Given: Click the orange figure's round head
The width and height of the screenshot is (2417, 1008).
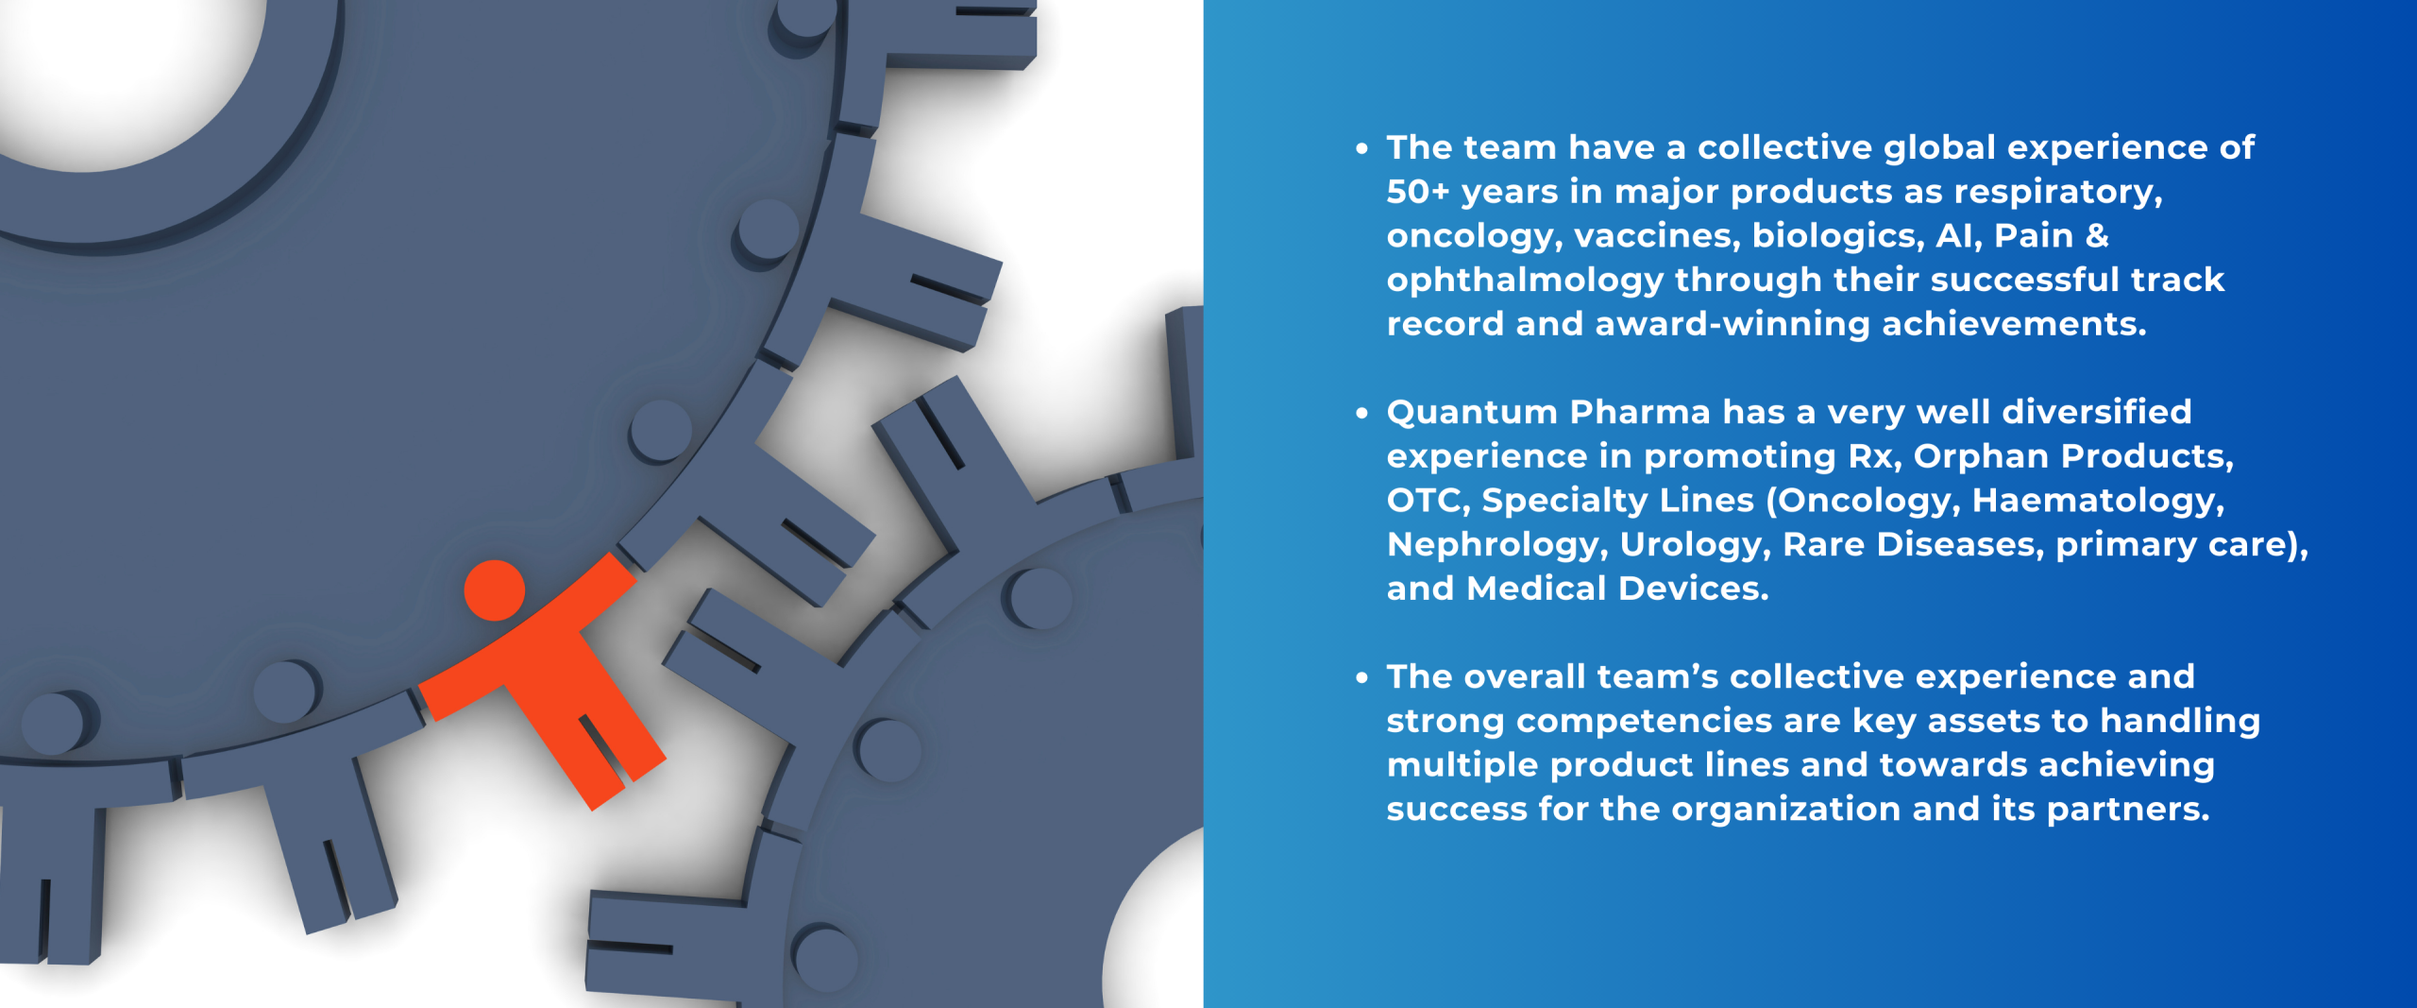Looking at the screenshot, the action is (x=494, y=590).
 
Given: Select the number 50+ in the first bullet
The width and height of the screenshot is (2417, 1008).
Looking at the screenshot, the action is (x=1417, y=192).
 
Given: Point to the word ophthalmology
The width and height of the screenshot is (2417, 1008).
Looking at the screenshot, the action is (x=1525, y=280).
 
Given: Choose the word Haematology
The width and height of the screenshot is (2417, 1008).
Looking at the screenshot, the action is (x=2098, y=500).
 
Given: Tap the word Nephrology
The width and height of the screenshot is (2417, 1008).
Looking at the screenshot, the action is (x=1497, y=544).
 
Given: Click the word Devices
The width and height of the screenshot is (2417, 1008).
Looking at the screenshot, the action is (x=1693, y=589).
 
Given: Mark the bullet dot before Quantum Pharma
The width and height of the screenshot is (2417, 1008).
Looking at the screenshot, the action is (x=1361, y=413).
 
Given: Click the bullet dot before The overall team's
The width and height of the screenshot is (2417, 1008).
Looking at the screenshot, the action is (x=1361, y=677).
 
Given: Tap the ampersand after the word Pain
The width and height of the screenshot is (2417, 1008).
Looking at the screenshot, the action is (x=2097, y=235).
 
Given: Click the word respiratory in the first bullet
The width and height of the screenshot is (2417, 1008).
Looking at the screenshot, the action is (x=2057, y=192).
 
